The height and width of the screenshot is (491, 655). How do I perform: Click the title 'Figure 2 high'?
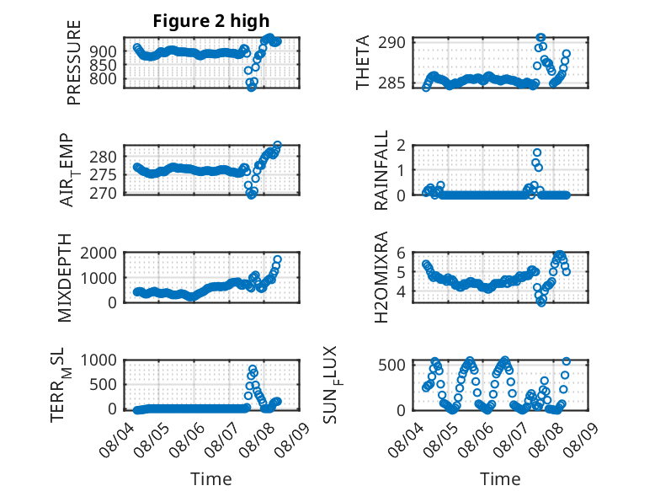(211, 21)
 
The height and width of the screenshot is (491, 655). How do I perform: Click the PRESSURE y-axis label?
(73, 62)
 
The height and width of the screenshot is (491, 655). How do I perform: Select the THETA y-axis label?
(363, 62)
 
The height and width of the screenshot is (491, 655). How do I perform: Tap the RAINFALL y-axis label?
(381, 170)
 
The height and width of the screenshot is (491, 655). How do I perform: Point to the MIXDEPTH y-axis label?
(65, 278)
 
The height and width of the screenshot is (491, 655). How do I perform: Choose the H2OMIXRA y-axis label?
(381, 277)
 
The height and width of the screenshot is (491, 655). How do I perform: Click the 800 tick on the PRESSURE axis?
(103, 78)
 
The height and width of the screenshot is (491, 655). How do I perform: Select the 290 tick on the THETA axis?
(391, 42)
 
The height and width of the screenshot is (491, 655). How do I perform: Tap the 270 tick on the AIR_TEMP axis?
(103, 194)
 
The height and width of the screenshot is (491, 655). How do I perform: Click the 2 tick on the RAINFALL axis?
(401, 146)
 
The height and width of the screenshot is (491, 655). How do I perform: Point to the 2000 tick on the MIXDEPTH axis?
(99, 253)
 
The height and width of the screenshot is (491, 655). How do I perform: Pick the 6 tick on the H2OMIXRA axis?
(401, 253)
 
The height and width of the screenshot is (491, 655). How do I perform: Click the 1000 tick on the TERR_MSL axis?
(99, 360)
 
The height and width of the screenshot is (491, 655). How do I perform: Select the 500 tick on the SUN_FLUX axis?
(391, 365)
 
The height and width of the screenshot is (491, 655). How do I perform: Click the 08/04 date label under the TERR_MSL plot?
(117, 440)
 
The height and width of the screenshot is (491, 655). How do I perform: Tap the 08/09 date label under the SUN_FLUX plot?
(580, 440)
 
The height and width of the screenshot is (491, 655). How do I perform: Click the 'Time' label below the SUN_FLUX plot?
(500, 478)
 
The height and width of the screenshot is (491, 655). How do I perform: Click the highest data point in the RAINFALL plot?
(537, 152)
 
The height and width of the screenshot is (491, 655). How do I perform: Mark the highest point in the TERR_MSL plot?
(253, 370)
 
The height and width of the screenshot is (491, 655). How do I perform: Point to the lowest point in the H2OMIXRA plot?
(541, 302)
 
